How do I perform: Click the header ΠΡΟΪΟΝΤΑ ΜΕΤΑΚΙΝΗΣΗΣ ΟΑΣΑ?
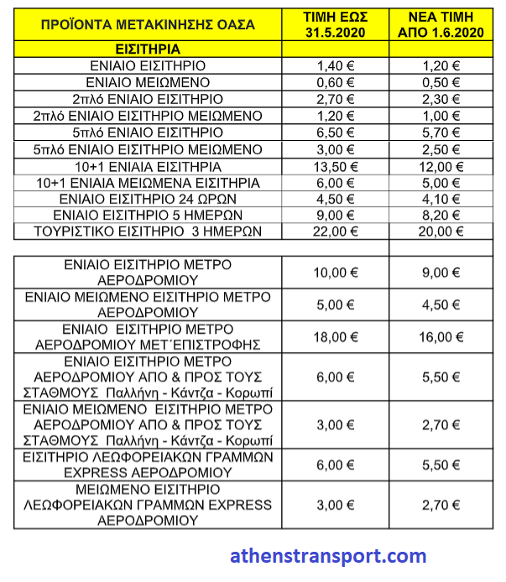pyautogui.click(x=148, y=23)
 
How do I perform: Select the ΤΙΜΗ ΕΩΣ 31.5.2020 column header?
pyautogui.click(x=336, y=23)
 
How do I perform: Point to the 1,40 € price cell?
pyautogui.click(x=336, y=66)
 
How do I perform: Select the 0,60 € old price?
pyautogui.click(x=336, y=82)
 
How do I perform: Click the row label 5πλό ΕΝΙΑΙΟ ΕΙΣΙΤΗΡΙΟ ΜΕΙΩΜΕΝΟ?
pyautogui.click(x=148, y=149)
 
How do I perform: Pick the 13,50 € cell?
pyautogui.click(x=336, y=166)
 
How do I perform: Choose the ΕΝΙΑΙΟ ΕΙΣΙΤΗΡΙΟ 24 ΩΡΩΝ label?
pyautogui.click(x=148, y=199)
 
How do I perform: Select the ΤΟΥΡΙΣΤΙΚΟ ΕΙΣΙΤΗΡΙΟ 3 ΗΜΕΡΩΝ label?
pyautogui.click(x=148, y=231)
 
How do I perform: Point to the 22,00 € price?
pyautogui.click(x=336, y=231)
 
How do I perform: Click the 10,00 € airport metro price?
pyautogui.click(x=336, y=272)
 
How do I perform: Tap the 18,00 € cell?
pyautogui.click(x=336, y=337)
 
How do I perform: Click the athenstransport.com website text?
pyautogui.click(x=328, y=556)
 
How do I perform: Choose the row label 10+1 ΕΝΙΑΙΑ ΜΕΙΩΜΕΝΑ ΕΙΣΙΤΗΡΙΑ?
pyautogui.click(x=148, y=182)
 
